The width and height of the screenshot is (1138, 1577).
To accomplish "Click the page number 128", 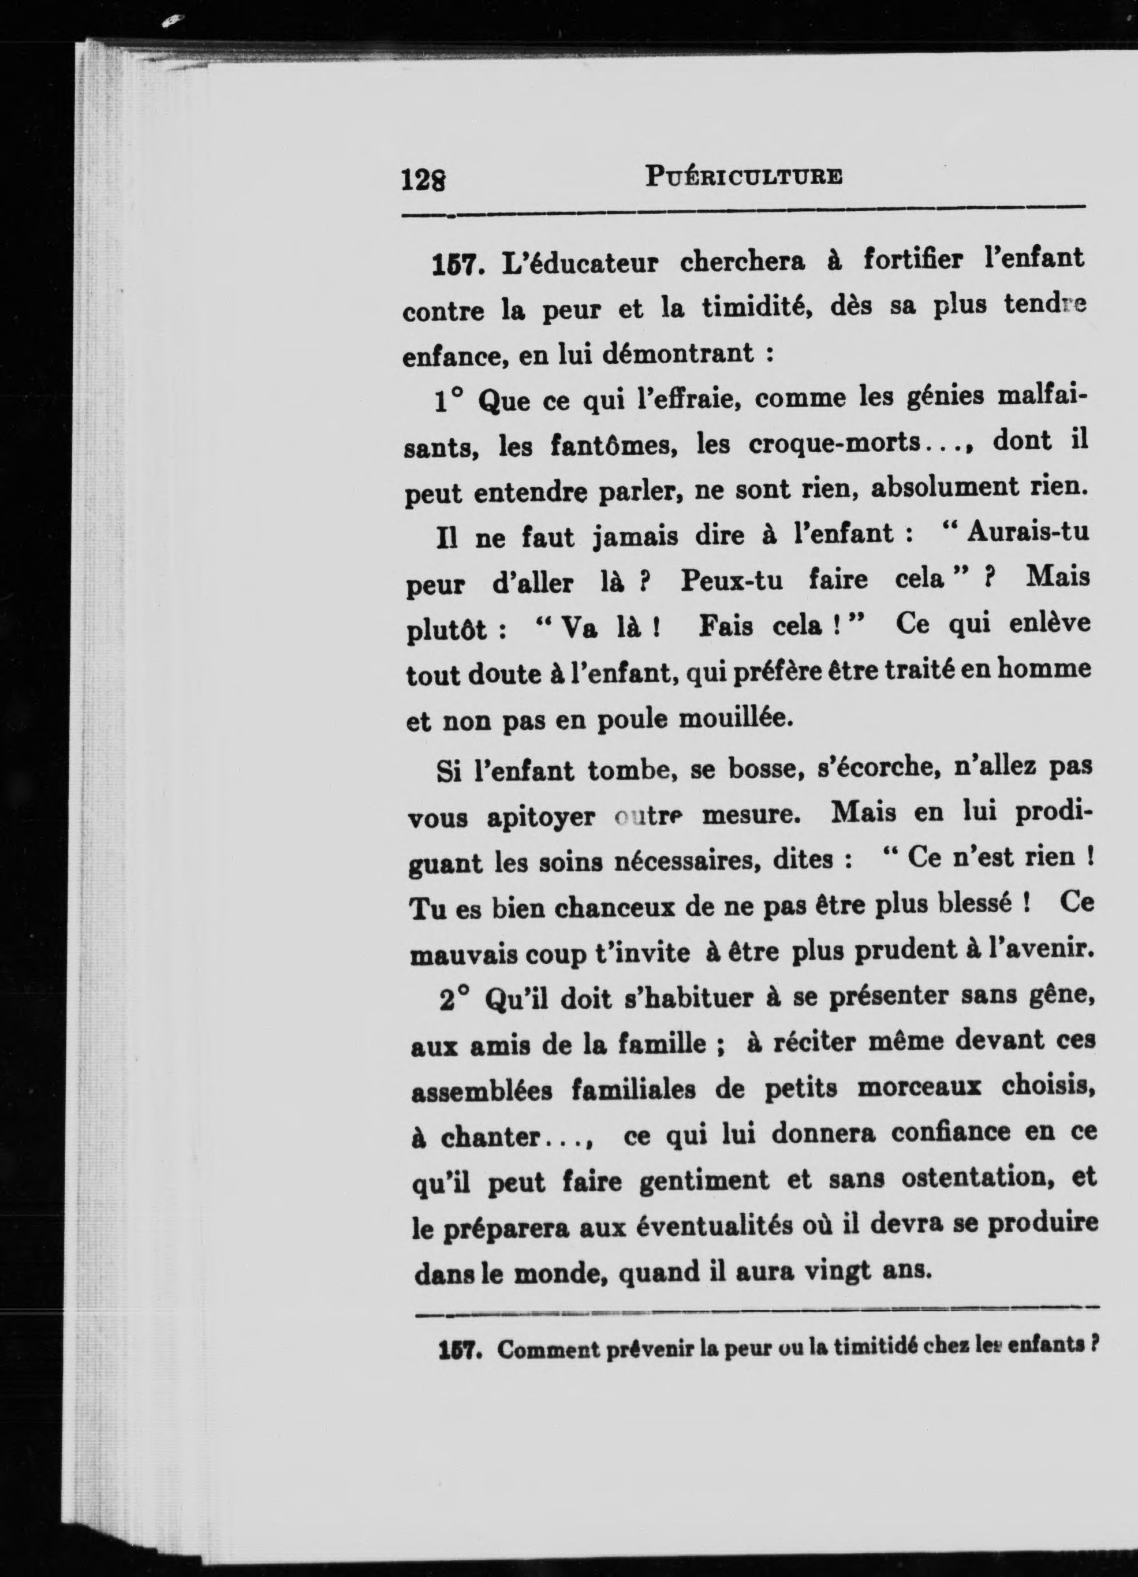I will click(423, 180).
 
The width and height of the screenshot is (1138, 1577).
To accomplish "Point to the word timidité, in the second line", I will click(756, 307).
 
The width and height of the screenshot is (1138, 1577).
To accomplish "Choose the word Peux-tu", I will click(732, 580).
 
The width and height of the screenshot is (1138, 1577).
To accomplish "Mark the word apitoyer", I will click(540, 817).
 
